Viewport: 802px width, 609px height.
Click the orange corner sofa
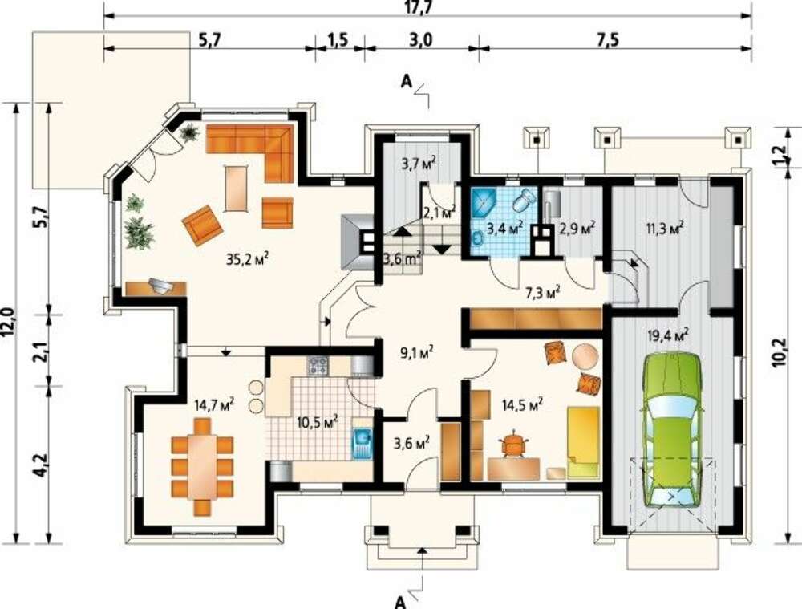pos(257,148)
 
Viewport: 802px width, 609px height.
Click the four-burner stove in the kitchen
pos(318,365)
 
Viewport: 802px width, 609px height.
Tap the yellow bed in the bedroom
pos(583,442)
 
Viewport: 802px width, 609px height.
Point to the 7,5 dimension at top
pos(607,39)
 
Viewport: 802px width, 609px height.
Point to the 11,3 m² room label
pos(664,228)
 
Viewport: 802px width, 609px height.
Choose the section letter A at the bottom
pos(401,602)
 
